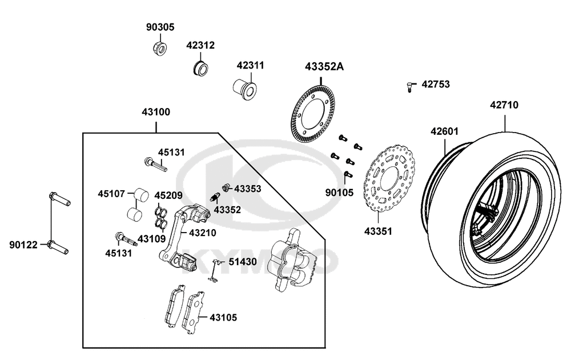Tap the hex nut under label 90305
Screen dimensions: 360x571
[159, 49]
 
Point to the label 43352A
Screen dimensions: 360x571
[324, 67]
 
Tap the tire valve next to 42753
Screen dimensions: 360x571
[409, 86]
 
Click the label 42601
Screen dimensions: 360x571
[444, 131]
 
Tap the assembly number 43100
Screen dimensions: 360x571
[156, 112]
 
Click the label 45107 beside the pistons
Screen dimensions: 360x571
[111, 194]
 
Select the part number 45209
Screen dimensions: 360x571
[168, 194]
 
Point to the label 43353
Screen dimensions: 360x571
[247, 188]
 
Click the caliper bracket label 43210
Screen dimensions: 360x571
[203, 233]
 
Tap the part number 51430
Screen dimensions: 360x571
[243, 262]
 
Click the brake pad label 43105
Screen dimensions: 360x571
[223, 317]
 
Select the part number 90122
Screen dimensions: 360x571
[23, 245]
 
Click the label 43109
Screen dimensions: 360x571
[151, 238]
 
